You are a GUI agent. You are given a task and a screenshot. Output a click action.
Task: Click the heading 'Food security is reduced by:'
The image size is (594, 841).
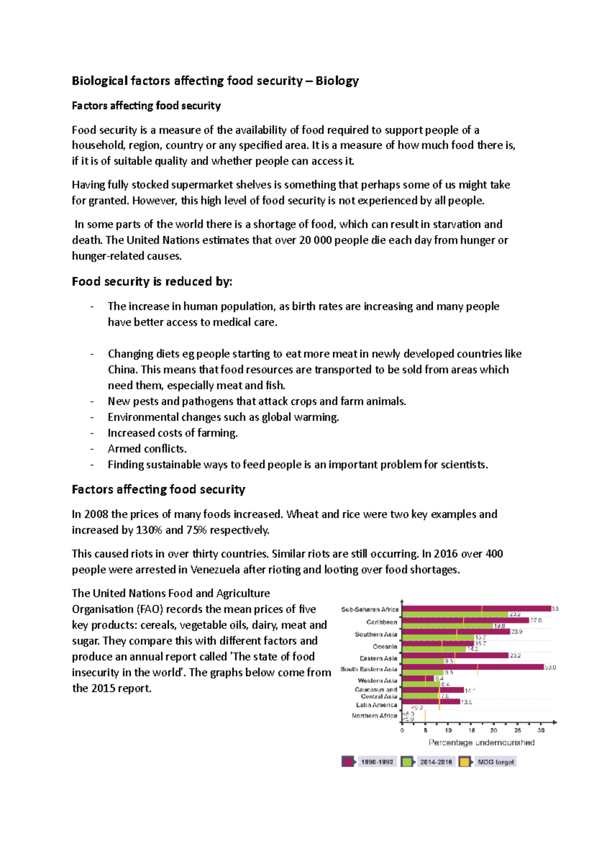[x=151, y=281]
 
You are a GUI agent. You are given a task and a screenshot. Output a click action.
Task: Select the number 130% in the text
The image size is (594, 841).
[x=149, y=530]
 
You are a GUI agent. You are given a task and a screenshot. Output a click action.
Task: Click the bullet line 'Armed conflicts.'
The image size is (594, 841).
[x=147, y=449]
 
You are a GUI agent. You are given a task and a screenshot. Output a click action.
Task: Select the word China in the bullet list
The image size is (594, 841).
[x=122, y=369]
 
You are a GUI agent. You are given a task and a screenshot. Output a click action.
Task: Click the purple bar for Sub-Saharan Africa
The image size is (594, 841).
[x=475, y=609]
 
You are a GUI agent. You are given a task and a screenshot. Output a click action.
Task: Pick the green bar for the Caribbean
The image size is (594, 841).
[x=445, y=626]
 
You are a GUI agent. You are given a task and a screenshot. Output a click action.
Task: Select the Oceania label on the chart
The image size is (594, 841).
[x=385, y=646]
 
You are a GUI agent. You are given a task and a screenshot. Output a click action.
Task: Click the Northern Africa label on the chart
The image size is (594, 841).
[x=374, y=715]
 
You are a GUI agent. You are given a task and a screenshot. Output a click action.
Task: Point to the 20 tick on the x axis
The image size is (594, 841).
[x=494, y=730]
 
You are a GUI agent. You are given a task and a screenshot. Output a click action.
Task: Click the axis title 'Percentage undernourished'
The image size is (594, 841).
[x=481, y=742]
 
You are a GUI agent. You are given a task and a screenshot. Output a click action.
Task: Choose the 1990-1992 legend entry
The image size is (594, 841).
[x=377, y=762]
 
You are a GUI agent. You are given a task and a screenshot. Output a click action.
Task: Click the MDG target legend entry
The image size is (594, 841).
[x=495, y=762]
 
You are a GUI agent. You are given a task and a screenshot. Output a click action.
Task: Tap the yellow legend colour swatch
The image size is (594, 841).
[x=464, y=762]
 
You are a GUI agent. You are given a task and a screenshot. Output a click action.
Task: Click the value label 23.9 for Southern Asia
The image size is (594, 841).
[x=516, y=631]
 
